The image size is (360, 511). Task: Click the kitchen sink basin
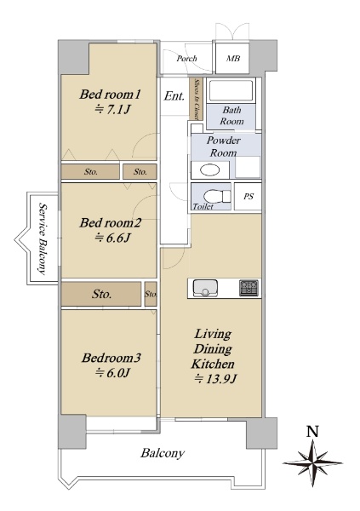tap(205, 288)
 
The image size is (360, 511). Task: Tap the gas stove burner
tap(249, 288)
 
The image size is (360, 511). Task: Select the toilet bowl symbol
tap(217, 197)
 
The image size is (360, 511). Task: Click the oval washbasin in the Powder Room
tap(210, 170)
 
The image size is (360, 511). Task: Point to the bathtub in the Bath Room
tap(231, 90)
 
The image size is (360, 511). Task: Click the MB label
tap(233, 58)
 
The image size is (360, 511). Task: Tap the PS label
tap(249, 197)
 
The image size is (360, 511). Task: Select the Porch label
tap(187, 58)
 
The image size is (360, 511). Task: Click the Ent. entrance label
tap(174, 95)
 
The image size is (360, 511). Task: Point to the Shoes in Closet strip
tap(197, 99)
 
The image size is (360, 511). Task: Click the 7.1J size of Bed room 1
tap(112, 110)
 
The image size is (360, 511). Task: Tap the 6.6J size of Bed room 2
tap(112, 238)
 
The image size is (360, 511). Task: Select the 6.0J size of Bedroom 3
tap(112, 372)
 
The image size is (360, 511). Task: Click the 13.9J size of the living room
tap(215, 379)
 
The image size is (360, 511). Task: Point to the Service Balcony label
tap(43, 238)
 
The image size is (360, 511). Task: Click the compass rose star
tap(312, 462)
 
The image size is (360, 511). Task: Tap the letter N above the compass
tap(312, 432)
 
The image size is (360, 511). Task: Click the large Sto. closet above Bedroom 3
tap(101, 294)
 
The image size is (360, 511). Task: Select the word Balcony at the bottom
tap(163, 453)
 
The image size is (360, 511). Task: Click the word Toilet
tap(203, 206)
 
